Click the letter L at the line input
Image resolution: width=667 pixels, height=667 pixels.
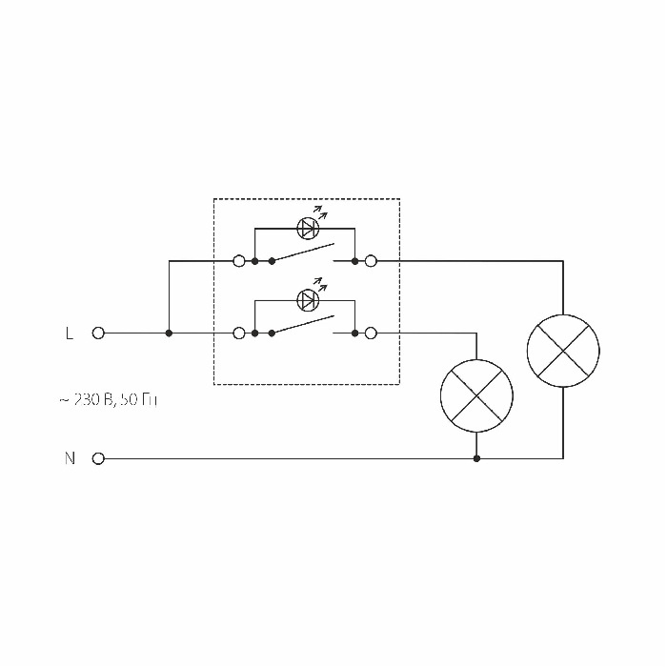click(x=69, y=333)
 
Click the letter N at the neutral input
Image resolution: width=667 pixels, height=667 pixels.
click(x=70, y=458)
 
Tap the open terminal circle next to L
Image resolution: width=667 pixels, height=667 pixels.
click(x=97, y=333)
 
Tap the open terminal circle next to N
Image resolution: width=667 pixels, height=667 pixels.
click(x=97, y=458)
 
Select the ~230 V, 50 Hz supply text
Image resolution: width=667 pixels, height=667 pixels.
click(x=108, y=400)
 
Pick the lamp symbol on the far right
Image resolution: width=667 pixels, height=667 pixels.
click(x=563, y=350)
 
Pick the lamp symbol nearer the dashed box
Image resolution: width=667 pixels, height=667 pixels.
click(x=476, y=395)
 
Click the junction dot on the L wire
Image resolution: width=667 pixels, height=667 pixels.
click(x=169, y=333)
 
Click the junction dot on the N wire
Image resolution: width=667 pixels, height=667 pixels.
click(x=476, y=458)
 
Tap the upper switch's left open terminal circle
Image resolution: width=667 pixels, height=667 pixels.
click(x=239, y=260)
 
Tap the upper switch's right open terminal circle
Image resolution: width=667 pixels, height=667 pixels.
click(x=371, y=260)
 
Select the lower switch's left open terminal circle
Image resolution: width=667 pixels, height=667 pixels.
click(x=239, y=333)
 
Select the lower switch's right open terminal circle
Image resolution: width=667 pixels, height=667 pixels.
click(x=371, y=333)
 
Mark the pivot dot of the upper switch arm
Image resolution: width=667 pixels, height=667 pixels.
click(x=273, y=260)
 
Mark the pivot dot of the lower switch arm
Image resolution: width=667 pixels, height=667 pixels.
click(x=273, y=333)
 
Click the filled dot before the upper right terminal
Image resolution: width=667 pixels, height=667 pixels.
click(x=354, y=260)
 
